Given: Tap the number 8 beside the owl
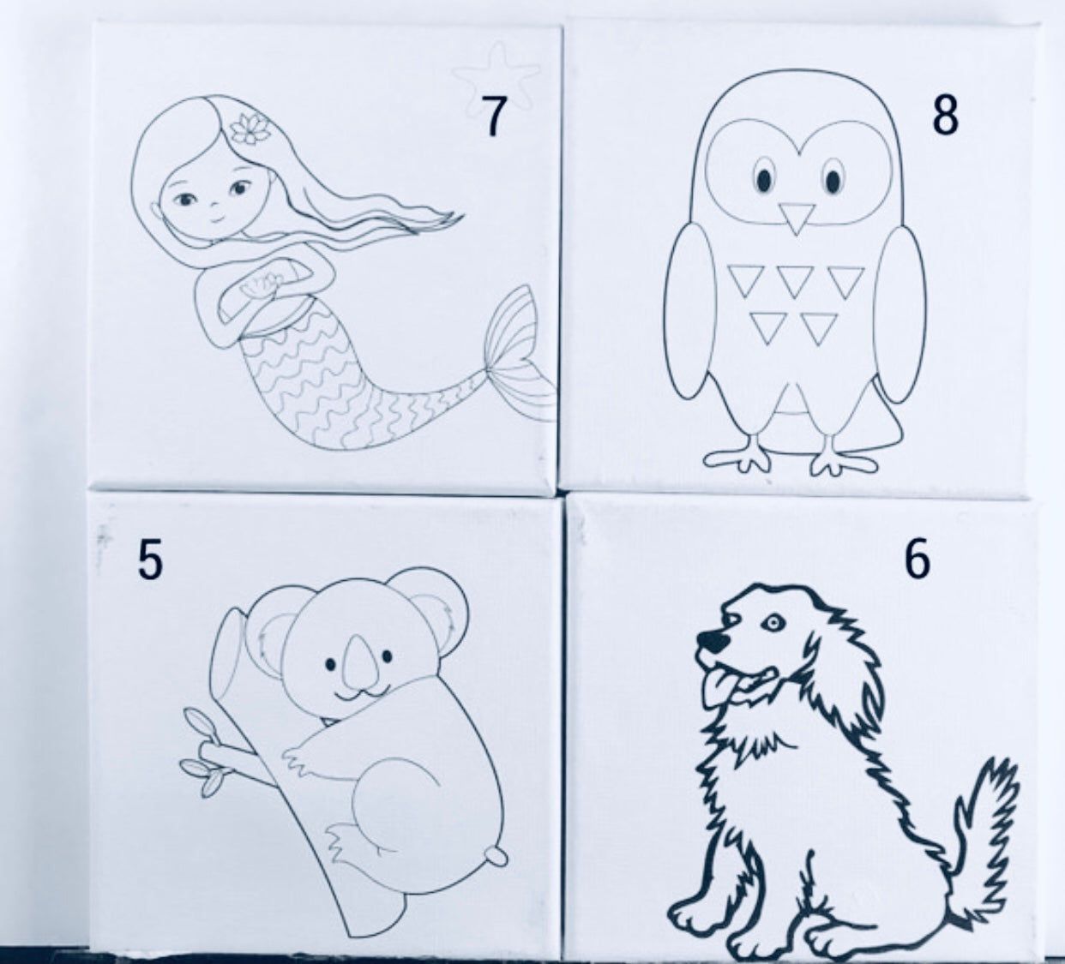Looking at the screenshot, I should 944,116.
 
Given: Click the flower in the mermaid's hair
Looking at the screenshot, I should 248,129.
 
